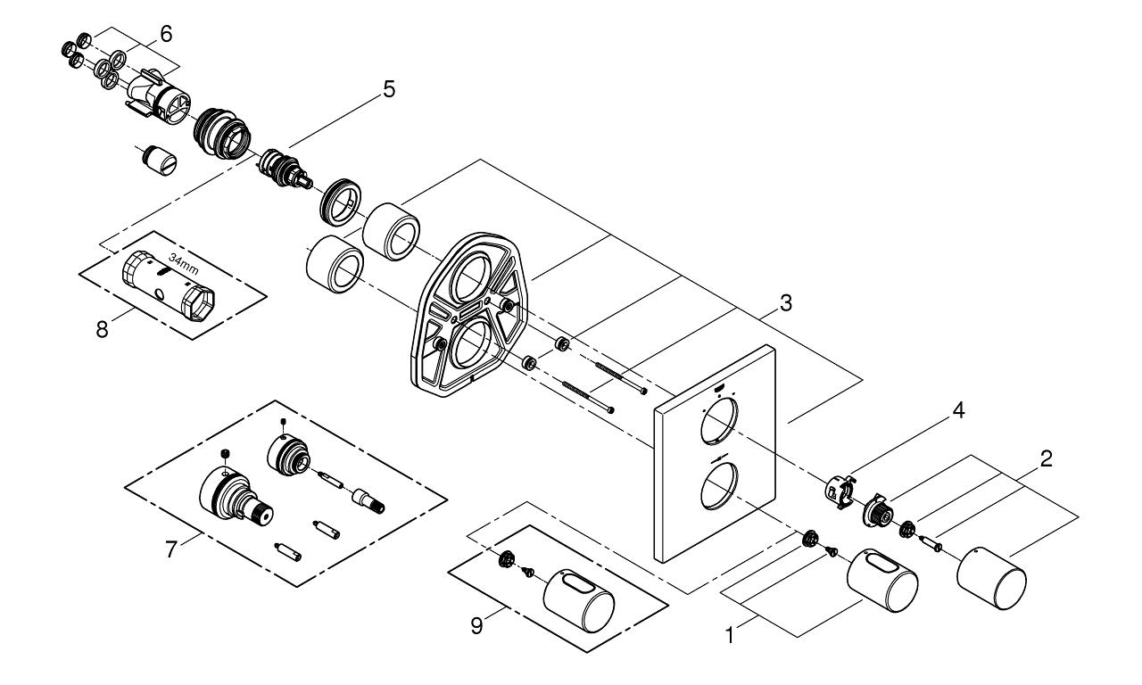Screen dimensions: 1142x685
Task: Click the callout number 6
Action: [166, 34]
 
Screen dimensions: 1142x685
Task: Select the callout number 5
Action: [389, 90]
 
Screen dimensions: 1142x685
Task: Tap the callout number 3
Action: [786, 303]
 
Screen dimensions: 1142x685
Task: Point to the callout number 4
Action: [959, 411]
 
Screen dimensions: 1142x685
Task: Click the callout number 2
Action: [1047, 459]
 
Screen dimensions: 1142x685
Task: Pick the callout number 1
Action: [730, 636]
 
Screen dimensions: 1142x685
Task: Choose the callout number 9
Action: [476, 626]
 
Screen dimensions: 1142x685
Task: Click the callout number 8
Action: [102, 330]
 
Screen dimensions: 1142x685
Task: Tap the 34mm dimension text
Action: [184, 265]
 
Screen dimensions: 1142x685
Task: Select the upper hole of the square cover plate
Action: [719, 422]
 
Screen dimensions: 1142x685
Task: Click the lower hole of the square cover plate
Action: [719, 485]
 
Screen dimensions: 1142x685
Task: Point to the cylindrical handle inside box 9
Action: [579, 600]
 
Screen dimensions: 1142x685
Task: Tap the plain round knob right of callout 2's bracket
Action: [991, 578]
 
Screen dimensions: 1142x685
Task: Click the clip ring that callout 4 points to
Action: [840, 491]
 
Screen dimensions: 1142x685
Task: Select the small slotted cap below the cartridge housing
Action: [159, 160]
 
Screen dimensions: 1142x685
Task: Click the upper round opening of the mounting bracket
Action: [473, 278]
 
